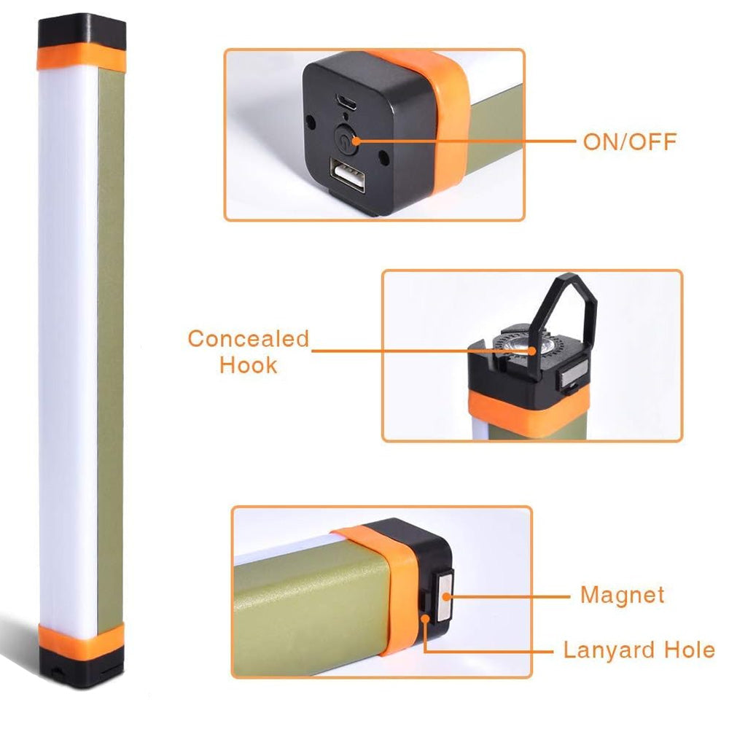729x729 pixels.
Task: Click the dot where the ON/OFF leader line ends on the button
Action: (x=356, y=141)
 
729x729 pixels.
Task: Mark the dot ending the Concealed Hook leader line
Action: (x=531, y=351)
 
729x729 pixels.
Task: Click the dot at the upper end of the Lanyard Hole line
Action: (x=426, y=618)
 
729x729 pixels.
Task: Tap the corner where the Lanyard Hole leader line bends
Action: (x=426, y=651)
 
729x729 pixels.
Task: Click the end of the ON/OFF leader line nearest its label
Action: (x=576, y=141)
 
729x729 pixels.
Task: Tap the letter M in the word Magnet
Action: (x=590, y=595)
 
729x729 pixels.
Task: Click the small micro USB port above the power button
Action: (x=347, y=102)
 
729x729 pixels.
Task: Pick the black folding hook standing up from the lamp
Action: (x=564, y=325)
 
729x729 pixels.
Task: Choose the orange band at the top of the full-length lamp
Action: (x=82, y=57)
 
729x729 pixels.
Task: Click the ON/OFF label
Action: (x=630, y=142)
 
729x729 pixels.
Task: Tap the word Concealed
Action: (x=249, y=338)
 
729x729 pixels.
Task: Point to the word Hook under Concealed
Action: (x=249, y=365)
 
